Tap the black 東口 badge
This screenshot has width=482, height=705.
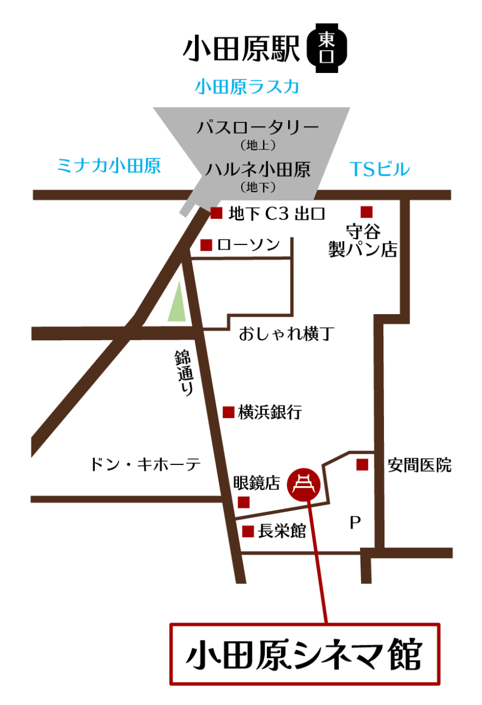tap(327, 48)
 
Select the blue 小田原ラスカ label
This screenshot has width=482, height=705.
tap(247, 87)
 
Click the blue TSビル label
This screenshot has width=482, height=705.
tap(380, 168)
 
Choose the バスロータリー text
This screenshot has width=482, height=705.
tap(258, 128)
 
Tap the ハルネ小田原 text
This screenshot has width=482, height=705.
tap(258, 169)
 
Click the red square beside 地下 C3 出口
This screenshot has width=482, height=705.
tap(216, 212)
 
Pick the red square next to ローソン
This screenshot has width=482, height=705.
tap(206, 245)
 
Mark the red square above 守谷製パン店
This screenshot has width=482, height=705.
tap(366, 212)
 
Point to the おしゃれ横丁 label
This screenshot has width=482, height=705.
tap(286, 334)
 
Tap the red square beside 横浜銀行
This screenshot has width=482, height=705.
tap(228, 412)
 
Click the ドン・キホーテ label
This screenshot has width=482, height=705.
tap(145, 464)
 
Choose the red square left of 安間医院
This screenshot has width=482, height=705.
tap(362, 464)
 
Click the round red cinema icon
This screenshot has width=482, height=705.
tap(304, 483)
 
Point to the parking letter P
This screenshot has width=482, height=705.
tap(355, 523)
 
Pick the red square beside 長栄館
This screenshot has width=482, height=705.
tap(248, 531)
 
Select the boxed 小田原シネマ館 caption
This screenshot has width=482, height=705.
tap(304, 654)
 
